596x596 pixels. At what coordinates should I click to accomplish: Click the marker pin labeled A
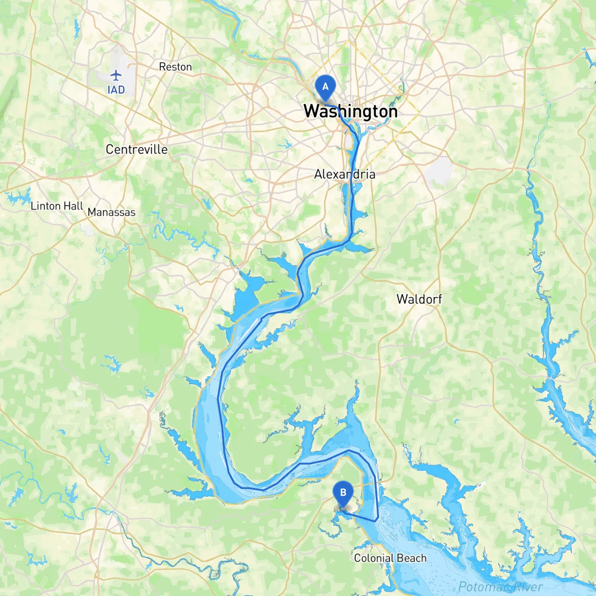coord(325,87)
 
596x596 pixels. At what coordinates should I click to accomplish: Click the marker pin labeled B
coord(343,493)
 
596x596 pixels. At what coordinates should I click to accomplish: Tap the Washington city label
coord(350,112)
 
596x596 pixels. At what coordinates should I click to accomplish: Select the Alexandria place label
coord(345,174)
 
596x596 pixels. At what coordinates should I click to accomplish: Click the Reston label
coord(175,67)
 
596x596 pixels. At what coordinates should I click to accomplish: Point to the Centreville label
coord(136,149)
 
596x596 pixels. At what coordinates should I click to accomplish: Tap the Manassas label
coord(111,212)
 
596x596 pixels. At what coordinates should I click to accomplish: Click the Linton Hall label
coord(57,206)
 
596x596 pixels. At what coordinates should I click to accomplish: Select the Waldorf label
coord(419,299)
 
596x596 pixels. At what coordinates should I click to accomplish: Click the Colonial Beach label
coord(390,558)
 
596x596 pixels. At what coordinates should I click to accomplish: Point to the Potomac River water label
coord(501,587)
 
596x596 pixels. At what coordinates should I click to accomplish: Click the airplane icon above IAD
coord(115,75)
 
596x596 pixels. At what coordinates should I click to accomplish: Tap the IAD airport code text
coord(116,90)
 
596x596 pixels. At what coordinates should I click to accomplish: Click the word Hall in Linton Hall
coord(74,206)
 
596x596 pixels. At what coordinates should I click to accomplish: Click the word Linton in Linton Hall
coord(46,206)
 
